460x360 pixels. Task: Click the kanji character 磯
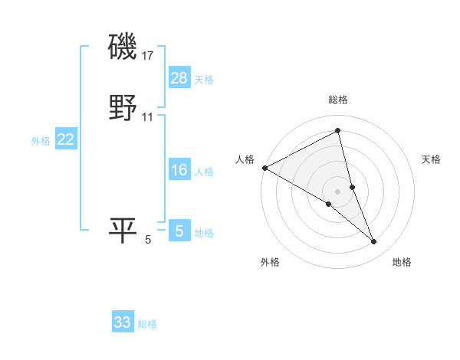click(123, 48)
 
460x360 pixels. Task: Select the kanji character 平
click(123, 231)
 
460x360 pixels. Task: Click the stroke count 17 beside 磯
click(148, 56)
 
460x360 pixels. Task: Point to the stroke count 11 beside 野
click(148, 117)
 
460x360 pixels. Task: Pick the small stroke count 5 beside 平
click(148, 240)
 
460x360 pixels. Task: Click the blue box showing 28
click(179, 78)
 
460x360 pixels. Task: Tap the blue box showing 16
click(179, 170)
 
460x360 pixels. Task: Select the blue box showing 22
click(66, 139)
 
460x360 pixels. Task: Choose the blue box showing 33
click(123, 322)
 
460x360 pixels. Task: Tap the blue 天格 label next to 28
click(204, 80)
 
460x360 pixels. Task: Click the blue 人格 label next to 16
click(204, 172)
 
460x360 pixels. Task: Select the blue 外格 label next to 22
click(41, 141)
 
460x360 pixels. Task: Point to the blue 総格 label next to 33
click(147, 324)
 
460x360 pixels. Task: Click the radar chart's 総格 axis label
click(338, 100)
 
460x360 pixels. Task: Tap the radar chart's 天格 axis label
click(432, 159)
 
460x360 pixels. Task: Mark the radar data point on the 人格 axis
click(264, 167)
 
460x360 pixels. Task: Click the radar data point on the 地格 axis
click(374, 242)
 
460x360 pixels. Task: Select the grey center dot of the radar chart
click(338, 191)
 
